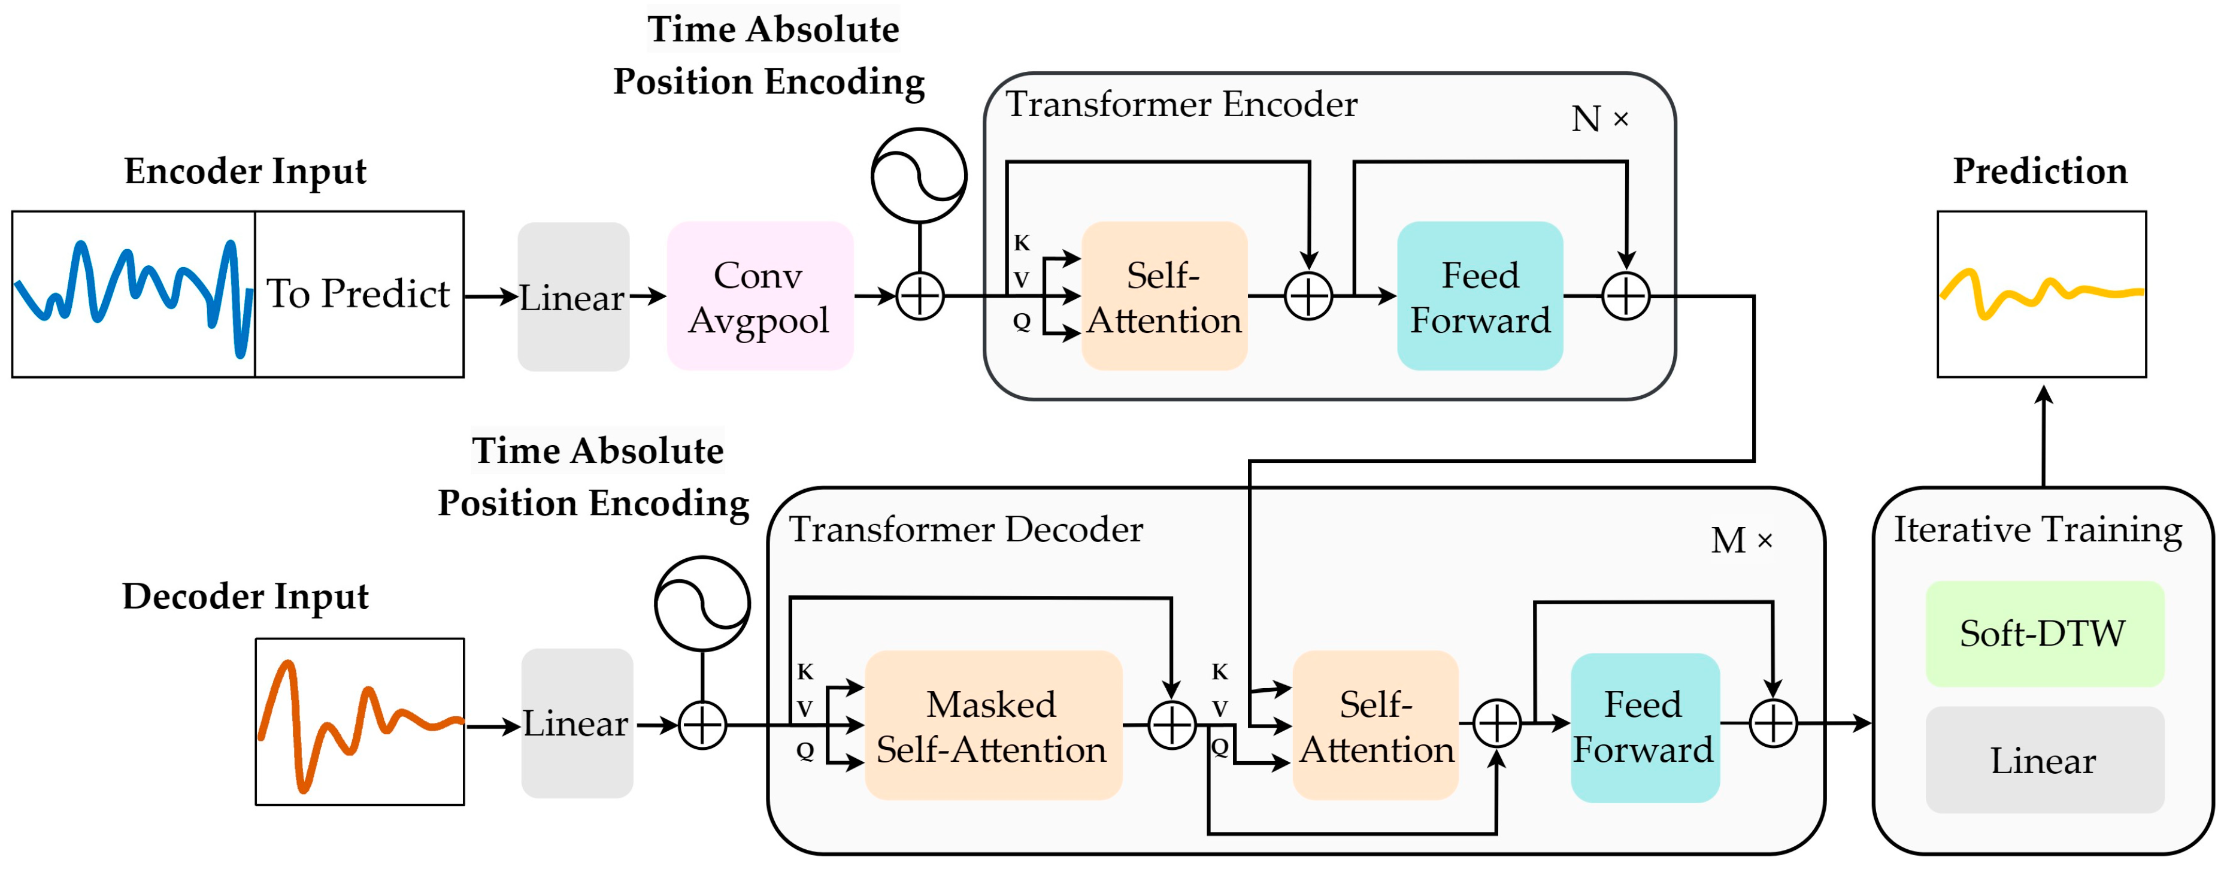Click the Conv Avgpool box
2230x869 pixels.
(759, 296)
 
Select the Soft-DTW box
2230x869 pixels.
(2044, 634)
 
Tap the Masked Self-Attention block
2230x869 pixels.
(993, 725)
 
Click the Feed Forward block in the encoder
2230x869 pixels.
(1480, 296)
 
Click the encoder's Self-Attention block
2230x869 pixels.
(1164, 296)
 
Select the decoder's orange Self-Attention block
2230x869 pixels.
(1375, 725)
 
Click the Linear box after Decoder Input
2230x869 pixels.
(577, 723)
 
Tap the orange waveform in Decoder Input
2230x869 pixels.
(360, 725)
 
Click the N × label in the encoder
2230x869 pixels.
(1600, 119)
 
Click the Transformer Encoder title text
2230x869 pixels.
(1181, 105)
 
